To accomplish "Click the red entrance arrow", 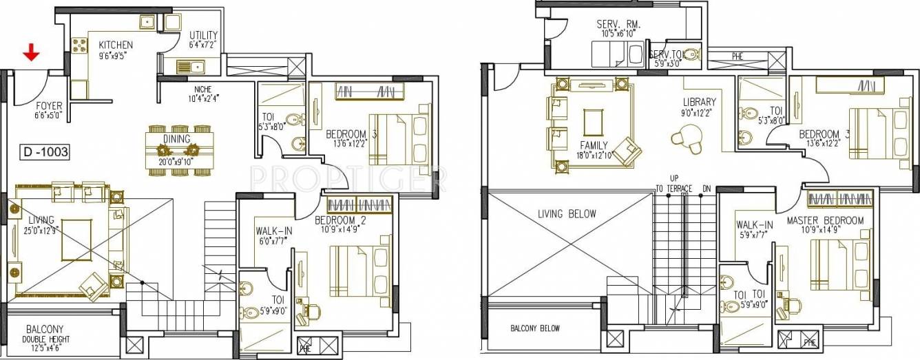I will (30, 52).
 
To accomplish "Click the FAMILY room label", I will (593, 146).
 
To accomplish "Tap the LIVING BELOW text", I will (567, 213).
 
